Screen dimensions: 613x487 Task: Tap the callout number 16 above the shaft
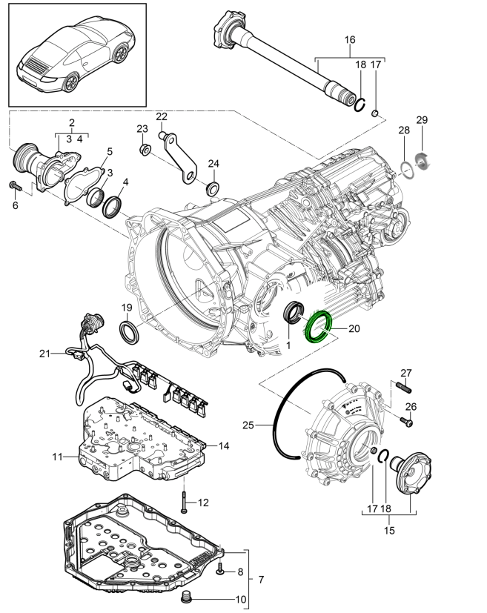click(x=350, y=39)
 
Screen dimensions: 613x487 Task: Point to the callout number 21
click(x=44, y=354)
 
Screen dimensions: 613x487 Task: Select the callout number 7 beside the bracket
click(x=259, y=578)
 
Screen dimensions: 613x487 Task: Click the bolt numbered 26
click(x=407, y=420)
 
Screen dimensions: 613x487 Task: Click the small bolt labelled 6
click(x=14, y=185)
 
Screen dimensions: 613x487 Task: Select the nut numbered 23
click(x=145, y=150)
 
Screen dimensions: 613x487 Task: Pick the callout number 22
click(x=162, y=116)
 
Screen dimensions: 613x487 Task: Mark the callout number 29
click(x=422, y=120)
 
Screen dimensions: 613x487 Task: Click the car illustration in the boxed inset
click(x=77, y=55)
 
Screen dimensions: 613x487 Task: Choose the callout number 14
click(x=224, y=445)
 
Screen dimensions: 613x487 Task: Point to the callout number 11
click(x=57, y=457)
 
